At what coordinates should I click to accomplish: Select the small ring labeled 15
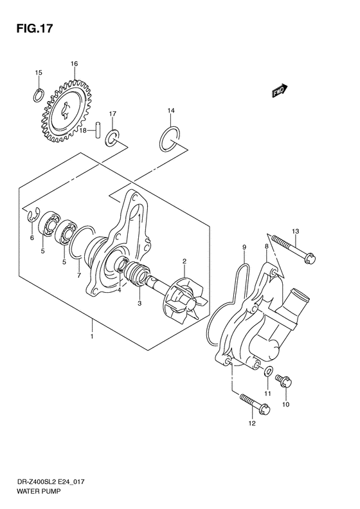tap(39, 96)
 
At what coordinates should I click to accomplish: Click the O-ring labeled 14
tap(169, 140)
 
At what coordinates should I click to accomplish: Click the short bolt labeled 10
tap(287, 384)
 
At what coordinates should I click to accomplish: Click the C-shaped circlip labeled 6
tap(31, 217)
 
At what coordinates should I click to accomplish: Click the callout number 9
tap(245, 247)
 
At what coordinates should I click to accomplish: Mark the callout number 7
tap(78, 275)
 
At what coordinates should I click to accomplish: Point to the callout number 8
tap(265, 246)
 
